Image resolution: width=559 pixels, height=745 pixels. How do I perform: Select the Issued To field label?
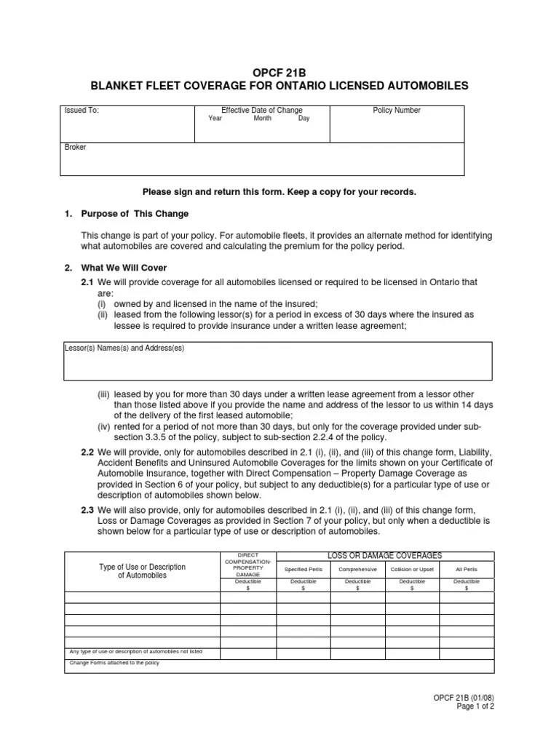[82, 111]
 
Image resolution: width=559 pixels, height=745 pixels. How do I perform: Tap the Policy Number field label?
[397, 111]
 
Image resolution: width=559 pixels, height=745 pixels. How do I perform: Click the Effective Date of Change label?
[261, 111]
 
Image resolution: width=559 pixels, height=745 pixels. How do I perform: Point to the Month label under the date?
[262, 119]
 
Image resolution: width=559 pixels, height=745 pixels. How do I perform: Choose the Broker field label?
[76, 147]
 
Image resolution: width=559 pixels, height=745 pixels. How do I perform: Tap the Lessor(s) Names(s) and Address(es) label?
[124, 348]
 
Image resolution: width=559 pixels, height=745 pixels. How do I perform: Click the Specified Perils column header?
[302, 570]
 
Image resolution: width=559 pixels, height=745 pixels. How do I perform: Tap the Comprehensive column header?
[358, 570]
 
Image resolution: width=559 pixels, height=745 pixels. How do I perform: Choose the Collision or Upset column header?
[412, 570]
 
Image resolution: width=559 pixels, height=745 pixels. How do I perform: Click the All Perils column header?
[466, 570]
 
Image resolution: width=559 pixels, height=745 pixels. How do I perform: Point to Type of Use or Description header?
[142, 570]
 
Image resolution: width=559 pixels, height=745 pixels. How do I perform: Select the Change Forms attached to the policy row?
[114, 663]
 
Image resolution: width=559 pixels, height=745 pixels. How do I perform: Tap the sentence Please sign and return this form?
[279, 192]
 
